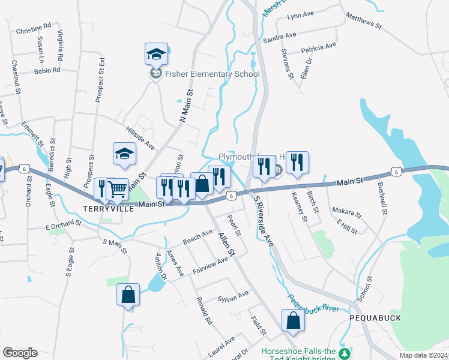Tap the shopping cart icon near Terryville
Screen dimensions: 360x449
(117, 189)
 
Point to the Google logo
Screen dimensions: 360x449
(20, 353)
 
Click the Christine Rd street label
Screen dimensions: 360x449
(34, 28)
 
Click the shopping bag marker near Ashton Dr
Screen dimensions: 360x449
(128, 295)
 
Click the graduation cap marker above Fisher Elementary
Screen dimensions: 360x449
(156, 54)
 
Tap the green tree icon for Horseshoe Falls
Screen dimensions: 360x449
(344, 353)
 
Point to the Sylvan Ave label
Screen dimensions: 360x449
(233, 296)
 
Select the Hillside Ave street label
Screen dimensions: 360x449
(140, 139)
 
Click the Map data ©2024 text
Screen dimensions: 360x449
(423, 355)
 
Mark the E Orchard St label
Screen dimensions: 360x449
(63, 225)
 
